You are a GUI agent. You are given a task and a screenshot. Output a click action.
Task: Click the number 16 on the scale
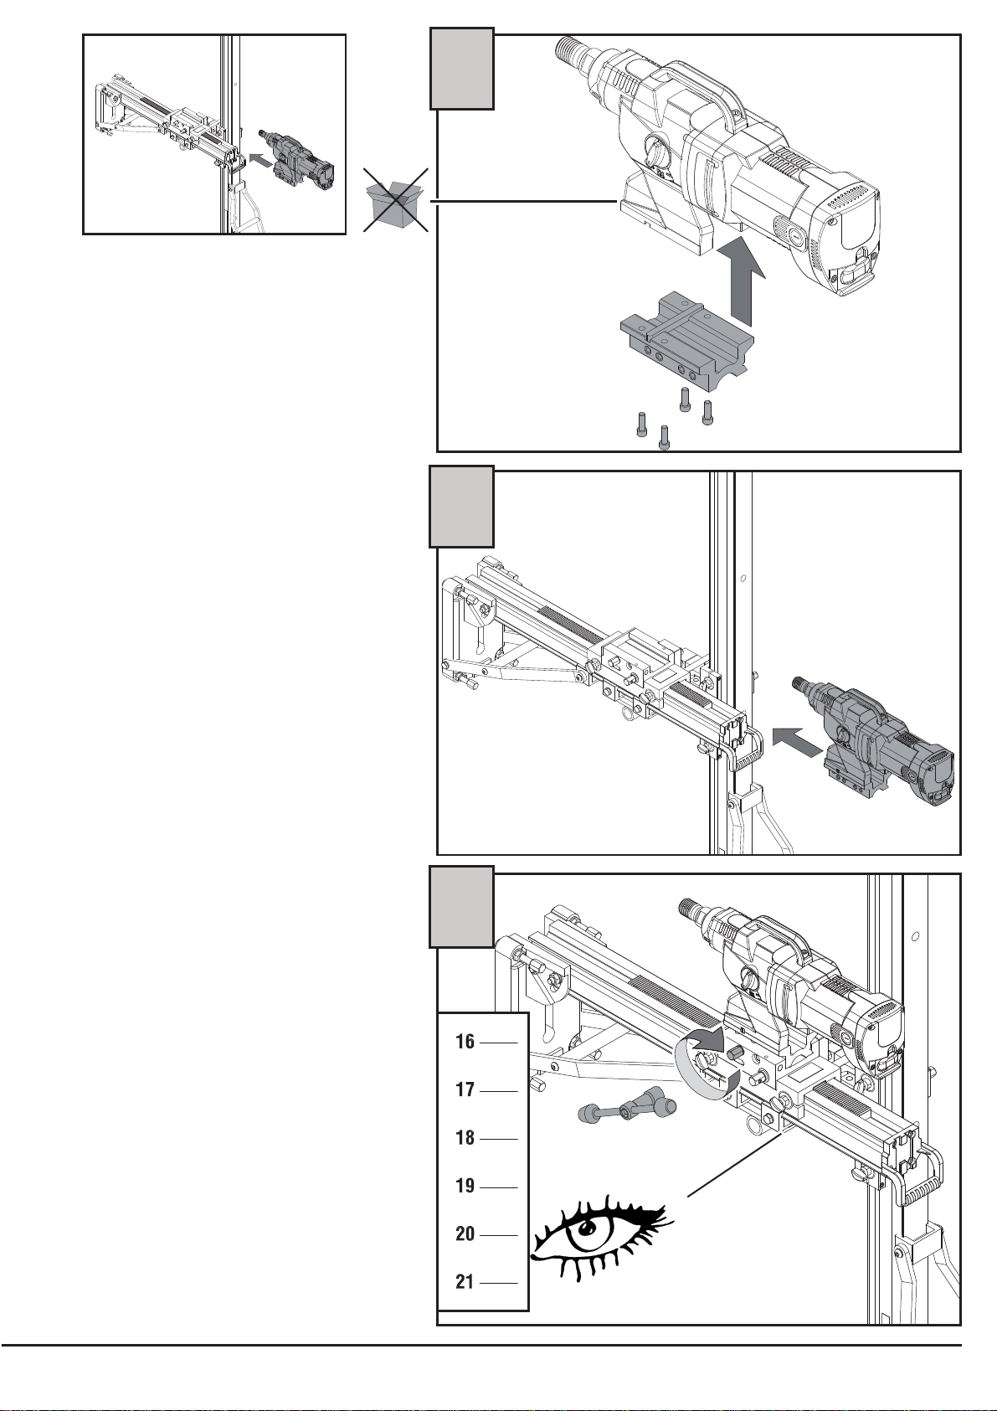point(465,1041)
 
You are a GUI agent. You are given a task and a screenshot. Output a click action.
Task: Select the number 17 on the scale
point(465,1089)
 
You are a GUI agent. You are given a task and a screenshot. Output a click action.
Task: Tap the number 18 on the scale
point(465,1138)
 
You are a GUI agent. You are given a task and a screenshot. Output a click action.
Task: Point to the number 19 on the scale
point(465,1186)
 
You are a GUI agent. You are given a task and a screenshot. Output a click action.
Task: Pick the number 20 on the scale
point(465,1233)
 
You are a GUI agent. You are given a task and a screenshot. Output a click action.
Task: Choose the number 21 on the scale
point(465,1281)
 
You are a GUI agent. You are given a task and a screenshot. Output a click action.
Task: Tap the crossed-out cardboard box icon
point(395,200)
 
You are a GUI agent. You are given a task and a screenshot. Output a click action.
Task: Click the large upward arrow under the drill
point(745,277)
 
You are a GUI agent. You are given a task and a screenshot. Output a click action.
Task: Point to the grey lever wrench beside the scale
point(626,1109)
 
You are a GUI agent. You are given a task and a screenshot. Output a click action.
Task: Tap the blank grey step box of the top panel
point(461,69)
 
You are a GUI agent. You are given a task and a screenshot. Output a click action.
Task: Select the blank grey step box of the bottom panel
point(461,906)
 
